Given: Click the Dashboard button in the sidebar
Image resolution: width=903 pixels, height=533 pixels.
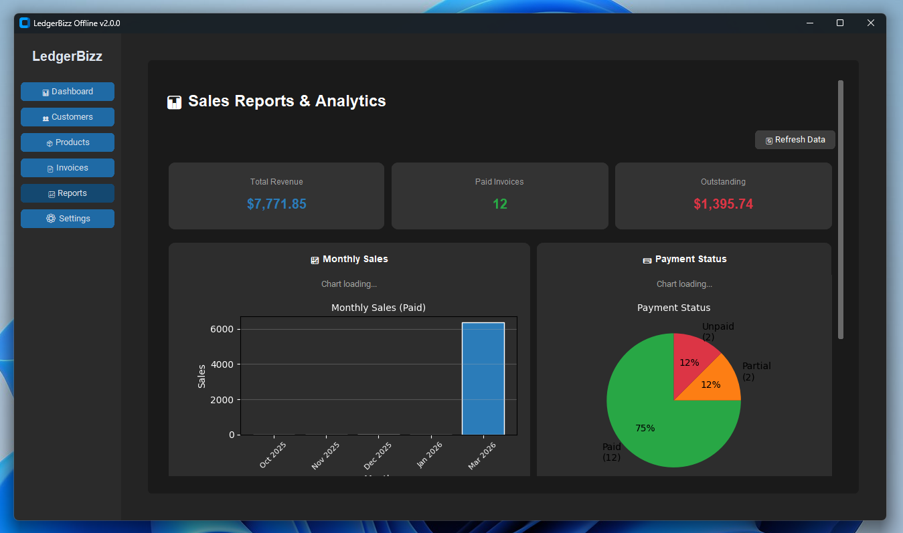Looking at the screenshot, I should [x=68, y=92].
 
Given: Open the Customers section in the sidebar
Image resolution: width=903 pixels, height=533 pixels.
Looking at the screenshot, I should [x=68, y=117].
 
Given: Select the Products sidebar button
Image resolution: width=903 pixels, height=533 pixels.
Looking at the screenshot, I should [x=68, y=142].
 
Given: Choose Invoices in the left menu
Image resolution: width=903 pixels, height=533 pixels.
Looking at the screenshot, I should [x=68, y=168].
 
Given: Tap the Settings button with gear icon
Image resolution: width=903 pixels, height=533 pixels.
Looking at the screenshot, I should [x=68, y=219].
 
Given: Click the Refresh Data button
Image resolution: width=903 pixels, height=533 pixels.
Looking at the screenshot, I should [x=795, y=140].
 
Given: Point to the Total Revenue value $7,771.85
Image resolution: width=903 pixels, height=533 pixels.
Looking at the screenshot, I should [x=276, y=204].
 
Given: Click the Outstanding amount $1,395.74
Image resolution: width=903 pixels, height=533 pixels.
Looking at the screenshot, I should [x=723, y=204].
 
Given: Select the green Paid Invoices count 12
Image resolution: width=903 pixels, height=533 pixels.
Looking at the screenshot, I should [x=500, y=204].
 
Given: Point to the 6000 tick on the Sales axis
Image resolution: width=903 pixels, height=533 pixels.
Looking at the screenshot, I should [x=222, y=329].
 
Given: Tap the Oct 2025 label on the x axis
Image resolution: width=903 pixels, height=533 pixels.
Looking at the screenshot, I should [x=273, y=455].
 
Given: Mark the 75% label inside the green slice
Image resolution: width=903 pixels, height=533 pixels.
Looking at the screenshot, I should [x=645, y=428].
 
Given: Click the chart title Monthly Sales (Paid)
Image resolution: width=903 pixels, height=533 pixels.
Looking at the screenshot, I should [x=378, y=308].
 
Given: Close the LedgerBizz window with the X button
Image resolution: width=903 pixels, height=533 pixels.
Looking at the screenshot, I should [x=871, y=23].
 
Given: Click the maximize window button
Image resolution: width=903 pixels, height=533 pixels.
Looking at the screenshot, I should [x=840, y=23].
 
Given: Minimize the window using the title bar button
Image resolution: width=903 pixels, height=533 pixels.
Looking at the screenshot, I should [x=809, y=23].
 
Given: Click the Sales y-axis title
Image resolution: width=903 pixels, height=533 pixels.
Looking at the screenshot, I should [x=201, y=376].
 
